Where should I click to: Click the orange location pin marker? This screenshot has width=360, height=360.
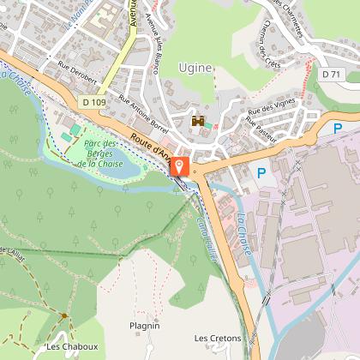[181, 166]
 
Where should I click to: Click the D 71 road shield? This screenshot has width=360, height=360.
[333, 75]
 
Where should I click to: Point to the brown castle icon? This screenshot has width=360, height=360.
[198, 122]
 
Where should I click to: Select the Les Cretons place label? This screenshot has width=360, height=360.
[218, 338]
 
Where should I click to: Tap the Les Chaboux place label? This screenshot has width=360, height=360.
[72, 346]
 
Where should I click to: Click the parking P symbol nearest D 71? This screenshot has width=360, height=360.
[338, 129]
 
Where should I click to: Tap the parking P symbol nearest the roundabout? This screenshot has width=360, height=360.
[262, 172]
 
